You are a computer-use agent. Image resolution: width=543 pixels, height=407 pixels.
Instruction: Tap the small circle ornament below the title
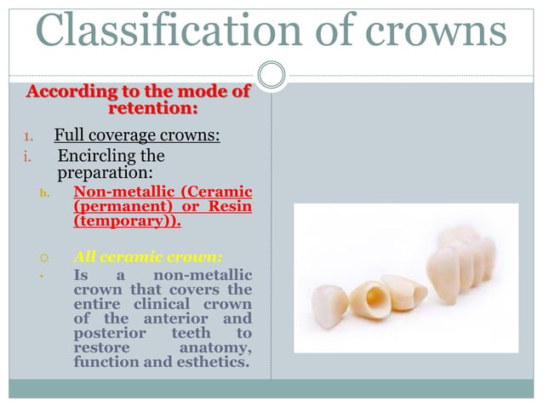[x=271, y=75]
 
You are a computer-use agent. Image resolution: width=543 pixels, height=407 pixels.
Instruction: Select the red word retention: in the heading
[x=152, y=108]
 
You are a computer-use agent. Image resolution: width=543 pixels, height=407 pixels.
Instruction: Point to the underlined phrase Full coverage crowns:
[x=137, y=135]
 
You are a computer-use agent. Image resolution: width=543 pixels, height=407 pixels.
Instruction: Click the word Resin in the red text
[x=231, y=207]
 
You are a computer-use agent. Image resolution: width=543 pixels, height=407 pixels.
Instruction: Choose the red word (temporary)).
[x=127, y=222]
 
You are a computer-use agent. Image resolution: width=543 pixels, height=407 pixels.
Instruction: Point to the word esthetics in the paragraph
[x=213, y=365]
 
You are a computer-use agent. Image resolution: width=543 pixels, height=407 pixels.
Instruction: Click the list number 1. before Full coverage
[x=26, y=136]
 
